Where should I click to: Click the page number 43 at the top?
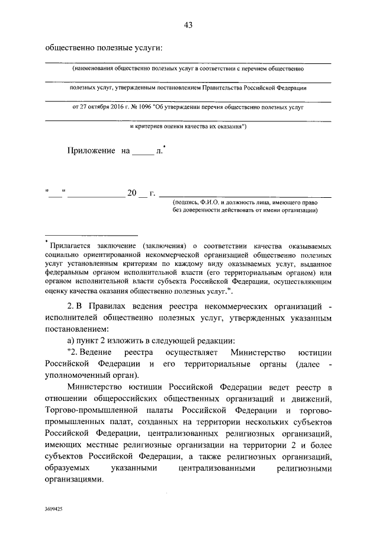coord(189,24)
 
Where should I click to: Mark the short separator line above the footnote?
coord(91,235)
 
